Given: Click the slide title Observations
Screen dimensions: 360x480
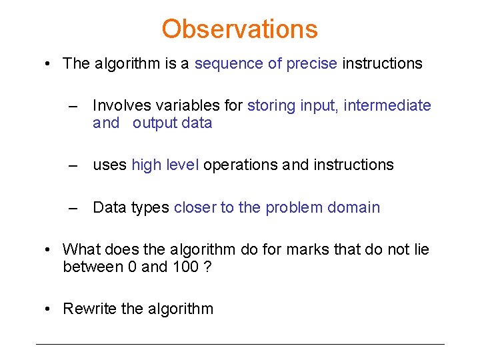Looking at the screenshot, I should (239, 29).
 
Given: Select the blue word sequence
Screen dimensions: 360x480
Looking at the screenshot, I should (228, 64).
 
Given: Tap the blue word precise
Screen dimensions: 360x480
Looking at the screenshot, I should (311, 64).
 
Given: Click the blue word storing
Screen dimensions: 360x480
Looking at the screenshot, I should (271, 105).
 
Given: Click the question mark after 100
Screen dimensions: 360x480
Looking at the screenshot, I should (207, 267).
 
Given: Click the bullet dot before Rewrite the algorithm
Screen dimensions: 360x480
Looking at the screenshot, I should (48, 309).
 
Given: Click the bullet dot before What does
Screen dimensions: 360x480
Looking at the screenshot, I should (48, 250).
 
